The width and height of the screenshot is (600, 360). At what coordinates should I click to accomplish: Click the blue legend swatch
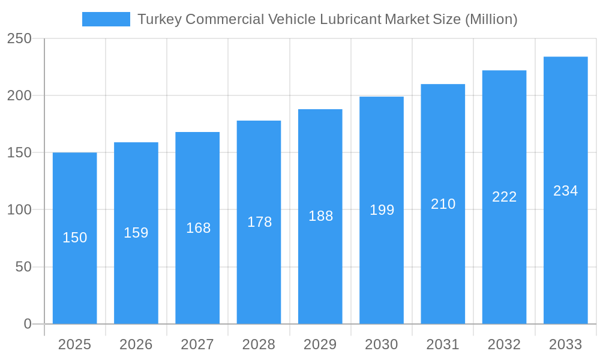[x=106, y=19]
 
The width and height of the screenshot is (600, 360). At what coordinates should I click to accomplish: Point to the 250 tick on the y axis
[x=19, y=38]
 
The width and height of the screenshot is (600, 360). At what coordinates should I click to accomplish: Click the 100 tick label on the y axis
[x=19, y=210]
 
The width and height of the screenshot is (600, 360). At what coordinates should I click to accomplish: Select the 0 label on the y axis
[x=28, y=324]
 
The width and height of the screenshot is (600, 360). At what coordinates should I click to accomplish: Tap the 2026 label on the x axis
[x=136, y=344]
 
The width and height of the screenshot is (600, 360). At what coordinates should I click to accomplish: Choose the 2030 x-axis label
[x=381, y=344]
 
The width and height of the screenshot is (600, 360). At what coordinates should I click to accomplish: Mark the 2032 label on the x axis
[x=504, y=344]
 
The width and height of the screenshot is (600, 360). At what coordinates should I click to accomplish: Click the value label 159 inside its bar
[x=136, y=233]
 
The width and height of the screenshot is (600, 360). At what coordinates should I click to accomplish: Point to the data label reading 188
[x=320, y=216]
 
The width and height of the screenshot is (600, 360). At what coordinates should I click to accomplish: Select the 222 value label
[x=504, y=197]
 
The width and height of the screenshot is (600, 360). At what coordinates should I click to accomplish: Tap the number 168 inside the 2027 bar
[x=198, y=228]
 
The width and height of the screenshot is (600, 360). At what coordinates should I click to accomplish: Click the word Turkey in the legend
[x=159, y=19]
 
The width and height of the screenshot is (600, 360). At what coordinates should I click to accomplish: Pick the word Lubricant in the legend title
[x=350, y=19]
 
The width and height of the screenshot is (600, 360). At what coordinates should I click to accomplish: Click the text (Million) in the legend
[x=491, y=19]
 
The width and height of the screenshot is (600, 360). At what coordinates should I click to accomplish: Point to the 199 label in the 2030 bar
[x=382, y=210]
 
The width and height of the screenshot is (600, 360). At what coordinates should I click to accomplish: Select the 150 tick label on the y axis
[x=19, y=153]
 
